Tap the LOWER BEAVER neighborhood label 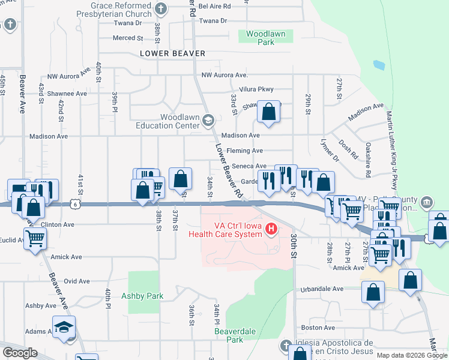click(x=172, y=54)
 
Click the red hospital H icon click(x=271, y=229)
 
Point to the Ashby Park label click(x=142, y=296)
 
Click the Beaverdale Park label click(x=229, y=335)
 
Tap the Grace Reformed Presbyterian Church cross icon click(x=160, y=8)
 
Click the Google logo click(x=20, y=353)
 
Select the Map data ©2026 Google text click(x=411, y=355)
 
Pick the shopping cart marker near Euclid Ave click(x=35, y=238)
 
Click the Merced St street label click(x=128, y=38)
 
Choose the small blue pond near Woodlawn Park click(x=379, y=65)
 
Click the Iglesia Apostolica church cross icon click(x=286, y=345)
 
